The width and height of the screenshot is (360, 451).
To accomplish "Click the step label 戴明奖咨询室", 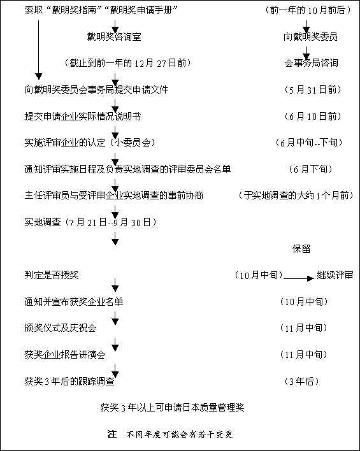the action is click(x=114, y=37).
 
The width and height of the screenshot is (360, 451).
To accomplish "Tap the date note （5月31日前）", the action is click(x=313, y=90).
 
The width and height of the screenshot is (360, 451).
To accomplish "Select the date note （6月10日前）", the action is click(x=313, y=116).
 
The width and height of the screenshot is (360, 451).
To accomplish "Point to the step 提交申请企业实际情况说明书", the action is click(x=83, y=116).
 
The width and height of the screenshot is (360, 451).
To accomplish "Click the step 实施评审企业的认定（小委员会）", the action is click(x=90, y=143).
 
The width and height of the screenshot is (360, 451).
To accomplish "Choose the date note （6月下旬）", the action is click(x=311, y=169).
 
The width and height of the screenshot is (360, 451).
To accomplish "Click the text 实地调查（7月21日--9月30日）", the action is click(x=90, y=222).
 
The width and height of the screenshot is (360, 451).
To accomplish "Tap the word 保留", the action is click(x=301, y=249).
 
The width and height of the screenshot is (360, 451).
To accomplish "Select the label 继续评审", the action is click(x=335, y=275).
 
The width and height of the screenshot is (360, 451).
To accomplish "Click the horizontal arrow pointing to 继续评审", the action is click(x=298, y=278).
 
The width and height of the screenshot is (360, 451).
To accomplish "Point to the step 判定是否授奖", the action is click(x=52, y=275).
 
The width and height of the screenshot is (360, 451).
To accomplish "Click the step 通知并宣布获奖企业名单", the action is click(x=74, y=302).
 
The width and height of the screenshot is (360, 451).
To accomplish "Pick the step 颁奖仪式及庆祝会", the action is click(x=61, y=328).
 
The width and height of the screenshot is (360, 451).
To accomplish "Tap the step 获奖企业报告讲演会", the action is click(x=65, y=354).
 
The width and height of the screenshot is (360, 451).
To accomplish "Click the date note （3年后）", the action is click(x=302, y=381).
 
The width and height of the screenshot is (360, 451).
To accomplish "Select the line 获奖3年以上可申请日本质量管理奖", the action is click(x=173, y=407).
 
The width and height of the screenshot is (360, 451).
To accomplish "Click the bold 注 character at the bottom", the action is click(x=112, y=434).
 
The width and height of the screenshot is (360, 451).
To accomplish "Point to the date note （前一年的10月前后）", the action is click(x=308, y=10).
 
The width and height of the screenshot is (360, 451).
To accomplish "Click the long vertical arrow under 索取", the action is click(x=39, y=50).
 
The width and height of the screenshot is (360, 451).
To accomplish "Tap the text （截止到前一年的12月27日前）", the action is click(x=128, y=63).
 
